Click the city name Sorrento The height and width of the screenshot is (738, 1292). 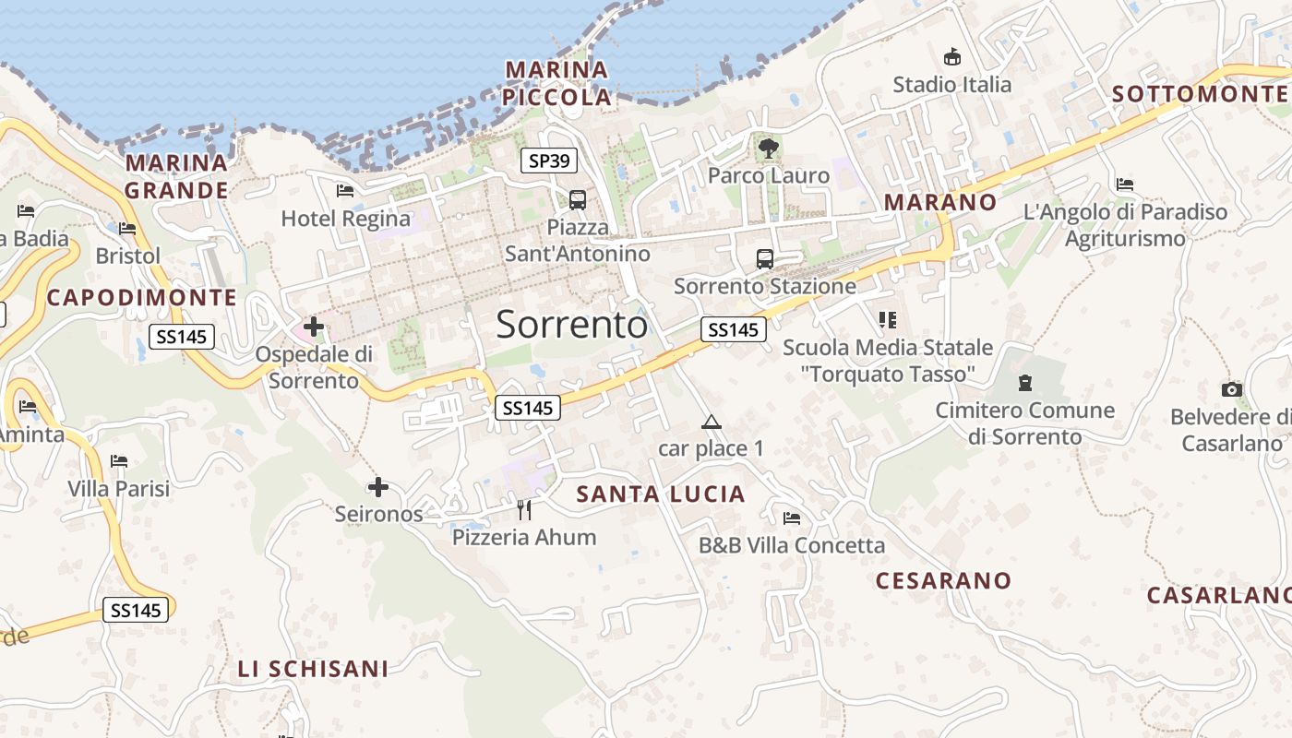point(572,325)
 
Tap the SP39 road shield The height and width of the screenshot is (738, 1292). point(549,161)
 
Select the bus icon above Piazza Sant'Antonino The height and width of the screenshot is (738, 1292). point(578,199)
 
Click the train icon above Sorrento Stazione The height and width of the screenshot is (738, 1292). point(765,258)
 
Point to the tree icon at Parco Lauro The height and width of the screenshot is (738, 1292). point(767,147)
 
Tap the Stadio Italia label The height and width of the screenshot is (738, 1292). point(951,85)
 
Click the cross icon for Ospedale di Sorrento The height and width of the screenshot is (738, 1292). point(314,326)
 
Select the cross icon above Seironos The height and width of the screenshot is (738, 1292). point(378,487)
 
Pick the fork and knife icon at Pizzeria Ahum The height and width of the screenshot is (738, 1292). point(524,508)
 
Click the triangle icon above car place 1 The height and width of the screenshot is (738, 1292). point(711,423)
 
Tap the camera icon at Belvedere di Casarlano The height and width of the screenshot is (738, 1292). point(1231,389)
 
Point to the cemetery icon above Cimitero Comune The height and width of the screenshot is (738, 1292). point(1024,382)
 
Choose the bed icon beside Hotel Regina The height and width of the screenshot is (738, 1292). point(345,191)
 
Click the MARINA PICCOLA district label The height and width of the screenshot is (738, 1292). point(557,83)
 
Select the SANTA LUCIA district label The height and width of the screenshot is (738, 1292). point(661,494)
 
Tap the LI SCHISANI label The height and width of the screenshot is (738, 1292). point(313,669)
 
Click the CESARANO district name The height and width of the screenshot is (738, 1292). point(943,580)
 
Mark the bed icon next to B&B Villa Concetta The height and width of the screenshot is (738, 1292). point(791,518)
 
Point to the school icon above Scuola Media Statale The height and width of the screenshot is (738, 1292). point(888,320)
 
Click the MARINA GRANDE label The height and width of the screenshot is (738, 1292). point(176,176)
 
